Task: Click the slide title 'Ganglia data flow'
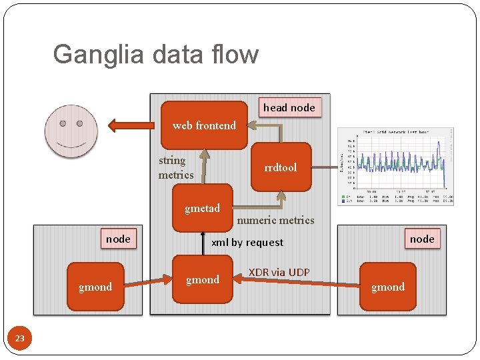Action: [155, 55]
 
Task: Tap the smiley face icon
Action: [71, 130]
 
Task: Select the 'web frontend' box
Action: [204, 125]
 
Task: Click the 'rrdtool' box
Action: [281, 167]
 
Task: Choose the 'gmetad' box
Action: [202, 208]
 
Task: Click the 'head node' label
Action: [289, 107]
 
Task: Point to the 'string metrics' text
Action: [175, 167]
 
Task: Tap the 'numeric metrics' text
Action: [275, 220]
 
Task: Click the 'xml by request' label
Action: [247, 243]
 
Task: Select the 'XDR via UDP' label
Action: [279, 272]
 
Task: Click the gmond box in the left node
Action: [95, 287]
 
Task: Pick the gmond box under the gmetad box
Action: [202, 280]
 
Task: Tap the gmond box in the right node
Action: [387, 287]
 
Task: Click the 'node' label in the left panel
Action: [118, 239]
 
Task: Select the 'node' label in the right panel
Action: [421, 239]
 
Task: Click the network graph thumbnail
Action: [396, 165]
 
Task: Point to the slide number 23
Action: [20, 339]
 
